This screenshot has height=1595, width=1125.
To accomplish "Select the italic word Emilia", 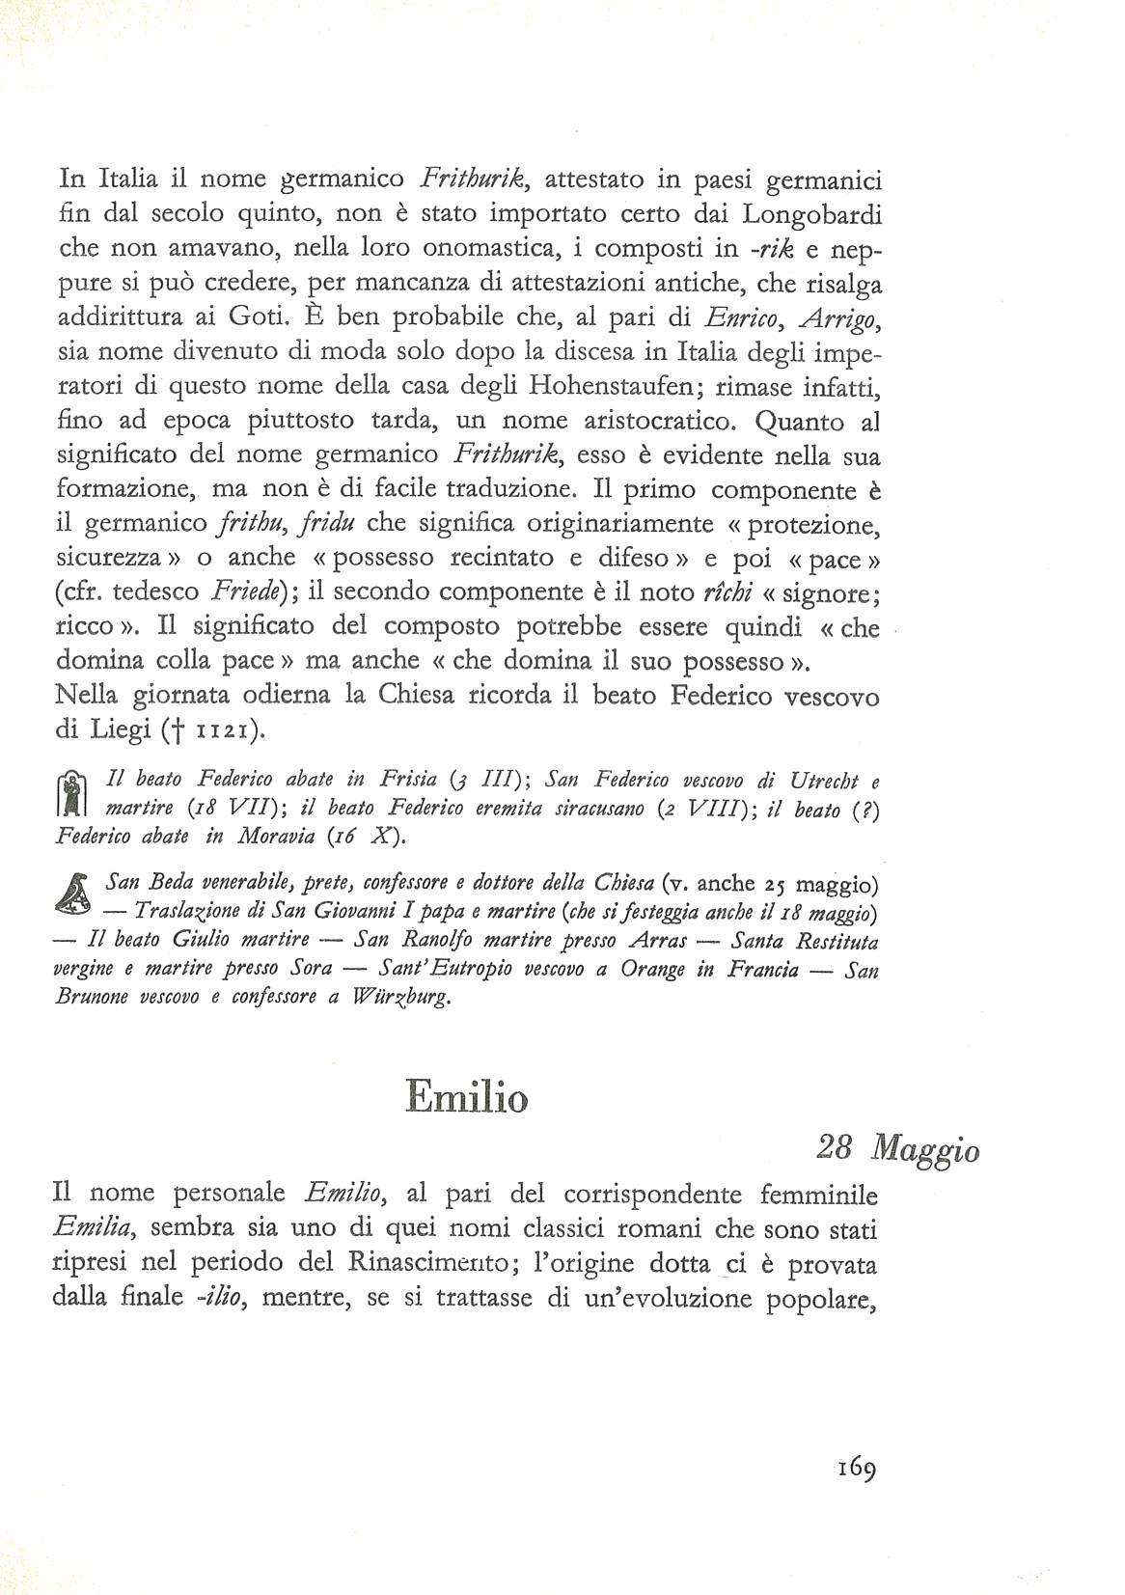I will [x=94, y=1228].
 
